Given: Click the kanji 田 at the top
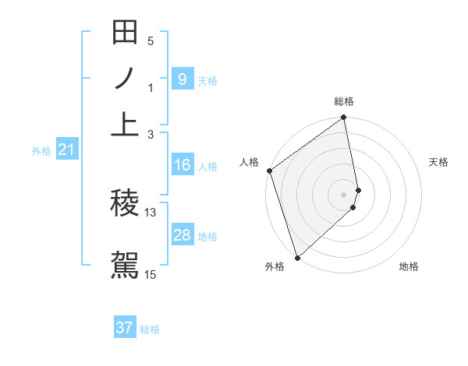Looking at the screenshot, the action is (125, 33).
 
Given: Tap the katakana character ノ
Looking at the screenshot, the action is (125, 79).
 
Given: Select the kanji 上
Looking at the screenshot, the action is (125, 123).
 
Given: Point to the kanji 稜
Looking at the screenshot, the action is (125, 203).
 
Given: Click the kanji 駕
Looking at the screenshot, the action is (125, 263).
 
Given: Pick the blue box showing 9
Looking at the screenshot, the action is (182, 79).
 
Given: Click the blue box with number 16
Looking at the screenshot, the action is (182, 165).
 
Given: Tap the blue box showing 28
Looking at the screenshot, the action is (182, 235).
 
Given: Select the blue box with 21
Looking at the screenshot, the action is (66, 150).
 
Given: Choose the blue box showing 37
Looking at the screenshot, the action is (125, 328).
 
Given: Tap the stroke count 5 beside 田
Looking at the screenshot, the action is (151, 41).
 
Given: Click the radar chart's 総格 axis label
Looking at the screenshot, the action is (344, 101).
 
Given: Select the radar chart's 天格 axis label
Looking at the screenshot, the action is (438, 162).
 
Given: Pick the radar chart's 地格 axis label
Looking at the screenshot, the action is (409, 266).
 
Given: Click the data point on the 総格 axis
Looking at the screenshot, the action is (344, 118).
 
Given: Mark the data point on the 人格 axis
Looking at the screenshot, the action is (270, 171).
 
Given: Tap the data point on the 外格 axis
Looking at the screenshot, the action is (297, 257).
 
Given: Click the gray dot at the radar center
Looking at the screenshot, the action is (344, 194).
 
